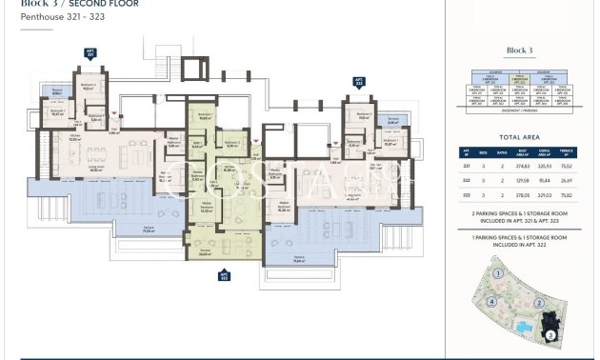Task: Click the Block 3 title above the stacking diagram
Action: [x=517, y=50]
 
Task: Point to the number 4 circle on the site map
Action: [x=491, y=304]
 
